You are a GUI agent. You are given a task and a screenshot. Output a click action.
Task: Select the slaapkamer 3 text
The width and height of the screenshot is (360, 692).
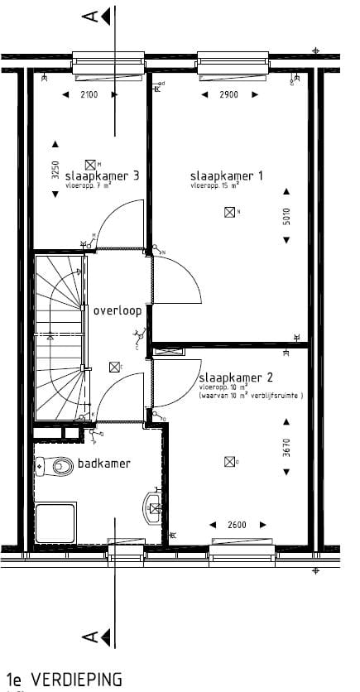101,175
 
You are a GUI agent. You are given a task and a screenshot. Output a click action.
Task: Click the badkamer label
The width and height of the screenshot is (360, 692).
103,464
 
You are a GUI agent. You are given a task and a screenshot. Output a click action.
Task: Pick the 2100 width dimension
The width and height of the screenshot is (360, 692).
89,95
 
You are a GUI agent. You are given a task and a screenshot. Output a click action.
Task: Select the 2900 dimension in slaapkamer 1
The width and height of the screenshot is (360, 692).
228,95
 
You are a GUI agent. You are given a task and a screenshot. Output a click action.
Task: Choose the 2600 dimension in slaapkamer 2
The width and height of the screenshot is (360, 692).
235,525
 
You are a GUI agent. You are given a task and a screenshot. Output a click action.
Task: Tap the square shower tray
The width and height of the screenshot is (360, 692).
55,521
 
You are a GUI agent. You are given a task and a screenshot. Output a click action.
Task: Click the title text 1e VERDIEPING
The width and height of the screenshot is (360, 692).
63,680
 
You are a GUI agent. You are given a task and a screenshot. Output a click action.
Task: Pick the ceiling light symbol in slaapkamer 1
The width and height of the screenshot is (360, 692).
228,213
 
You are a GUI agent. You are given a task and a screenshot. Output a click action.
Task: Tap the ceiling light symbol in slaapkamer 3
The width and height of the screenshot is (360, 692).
91,164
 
